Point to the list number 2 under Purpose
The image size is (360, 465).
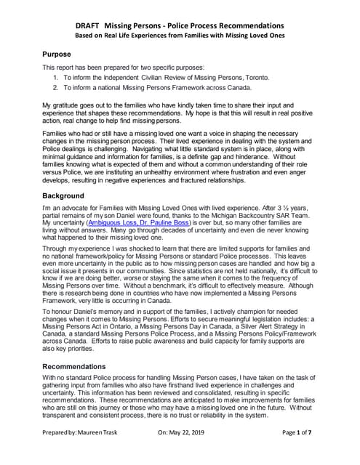(x=56, y=88)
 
